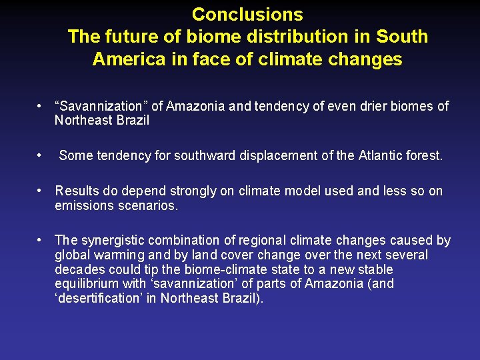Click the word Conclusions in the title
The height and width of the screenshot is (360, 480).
click(247, 14)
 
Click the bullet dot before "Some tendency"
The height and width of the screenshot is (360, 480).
click(41, 156)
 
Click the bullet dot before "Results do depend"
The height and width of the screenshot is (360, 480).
click(41, 191)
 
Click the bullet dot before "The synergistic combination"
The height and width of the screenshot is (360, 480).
click(41, 240)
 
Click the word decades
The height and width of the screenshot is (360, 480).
click(79, 269)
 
